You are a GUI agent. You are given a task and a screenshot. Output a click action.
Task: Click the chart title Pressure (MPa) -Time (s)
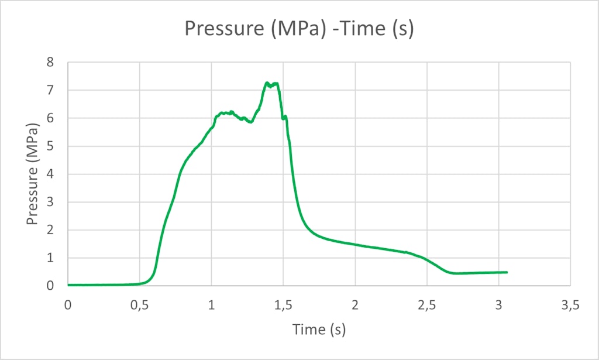pos(299,29)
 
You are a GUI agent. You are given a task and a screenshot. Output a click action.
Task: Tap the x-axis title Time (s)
pos(319,330)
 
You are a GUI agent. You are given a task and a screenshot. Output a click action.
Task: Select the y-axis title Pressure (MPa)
pos(33,174)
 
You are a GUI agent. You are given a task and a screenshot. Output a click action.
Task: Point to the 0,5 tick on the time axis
pos(139,305)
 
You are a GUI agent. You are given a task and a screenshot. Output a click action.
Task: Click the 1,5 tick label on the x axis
pos(283,305)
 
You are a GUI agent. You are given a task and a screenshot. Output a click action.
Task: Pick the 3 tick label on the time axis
pos(498,305)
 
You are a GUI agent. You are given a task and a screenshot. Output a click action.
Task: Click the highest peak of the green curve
pos(267,83)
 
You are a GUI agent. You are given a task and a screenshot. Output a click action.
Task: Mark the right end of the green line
pos(507,272)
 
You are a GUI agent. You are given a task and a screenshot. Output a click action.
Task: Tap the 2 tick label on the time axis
pos(355,305)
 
